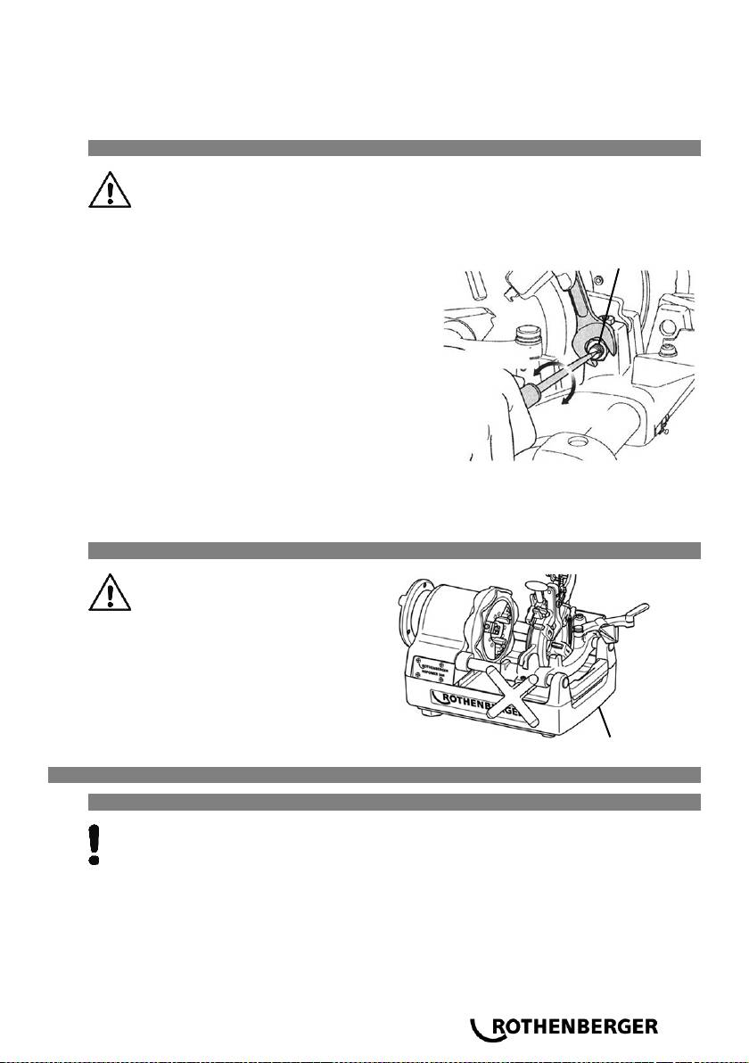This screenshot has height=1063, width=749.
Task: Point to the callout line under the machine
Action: coord(606,721)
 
